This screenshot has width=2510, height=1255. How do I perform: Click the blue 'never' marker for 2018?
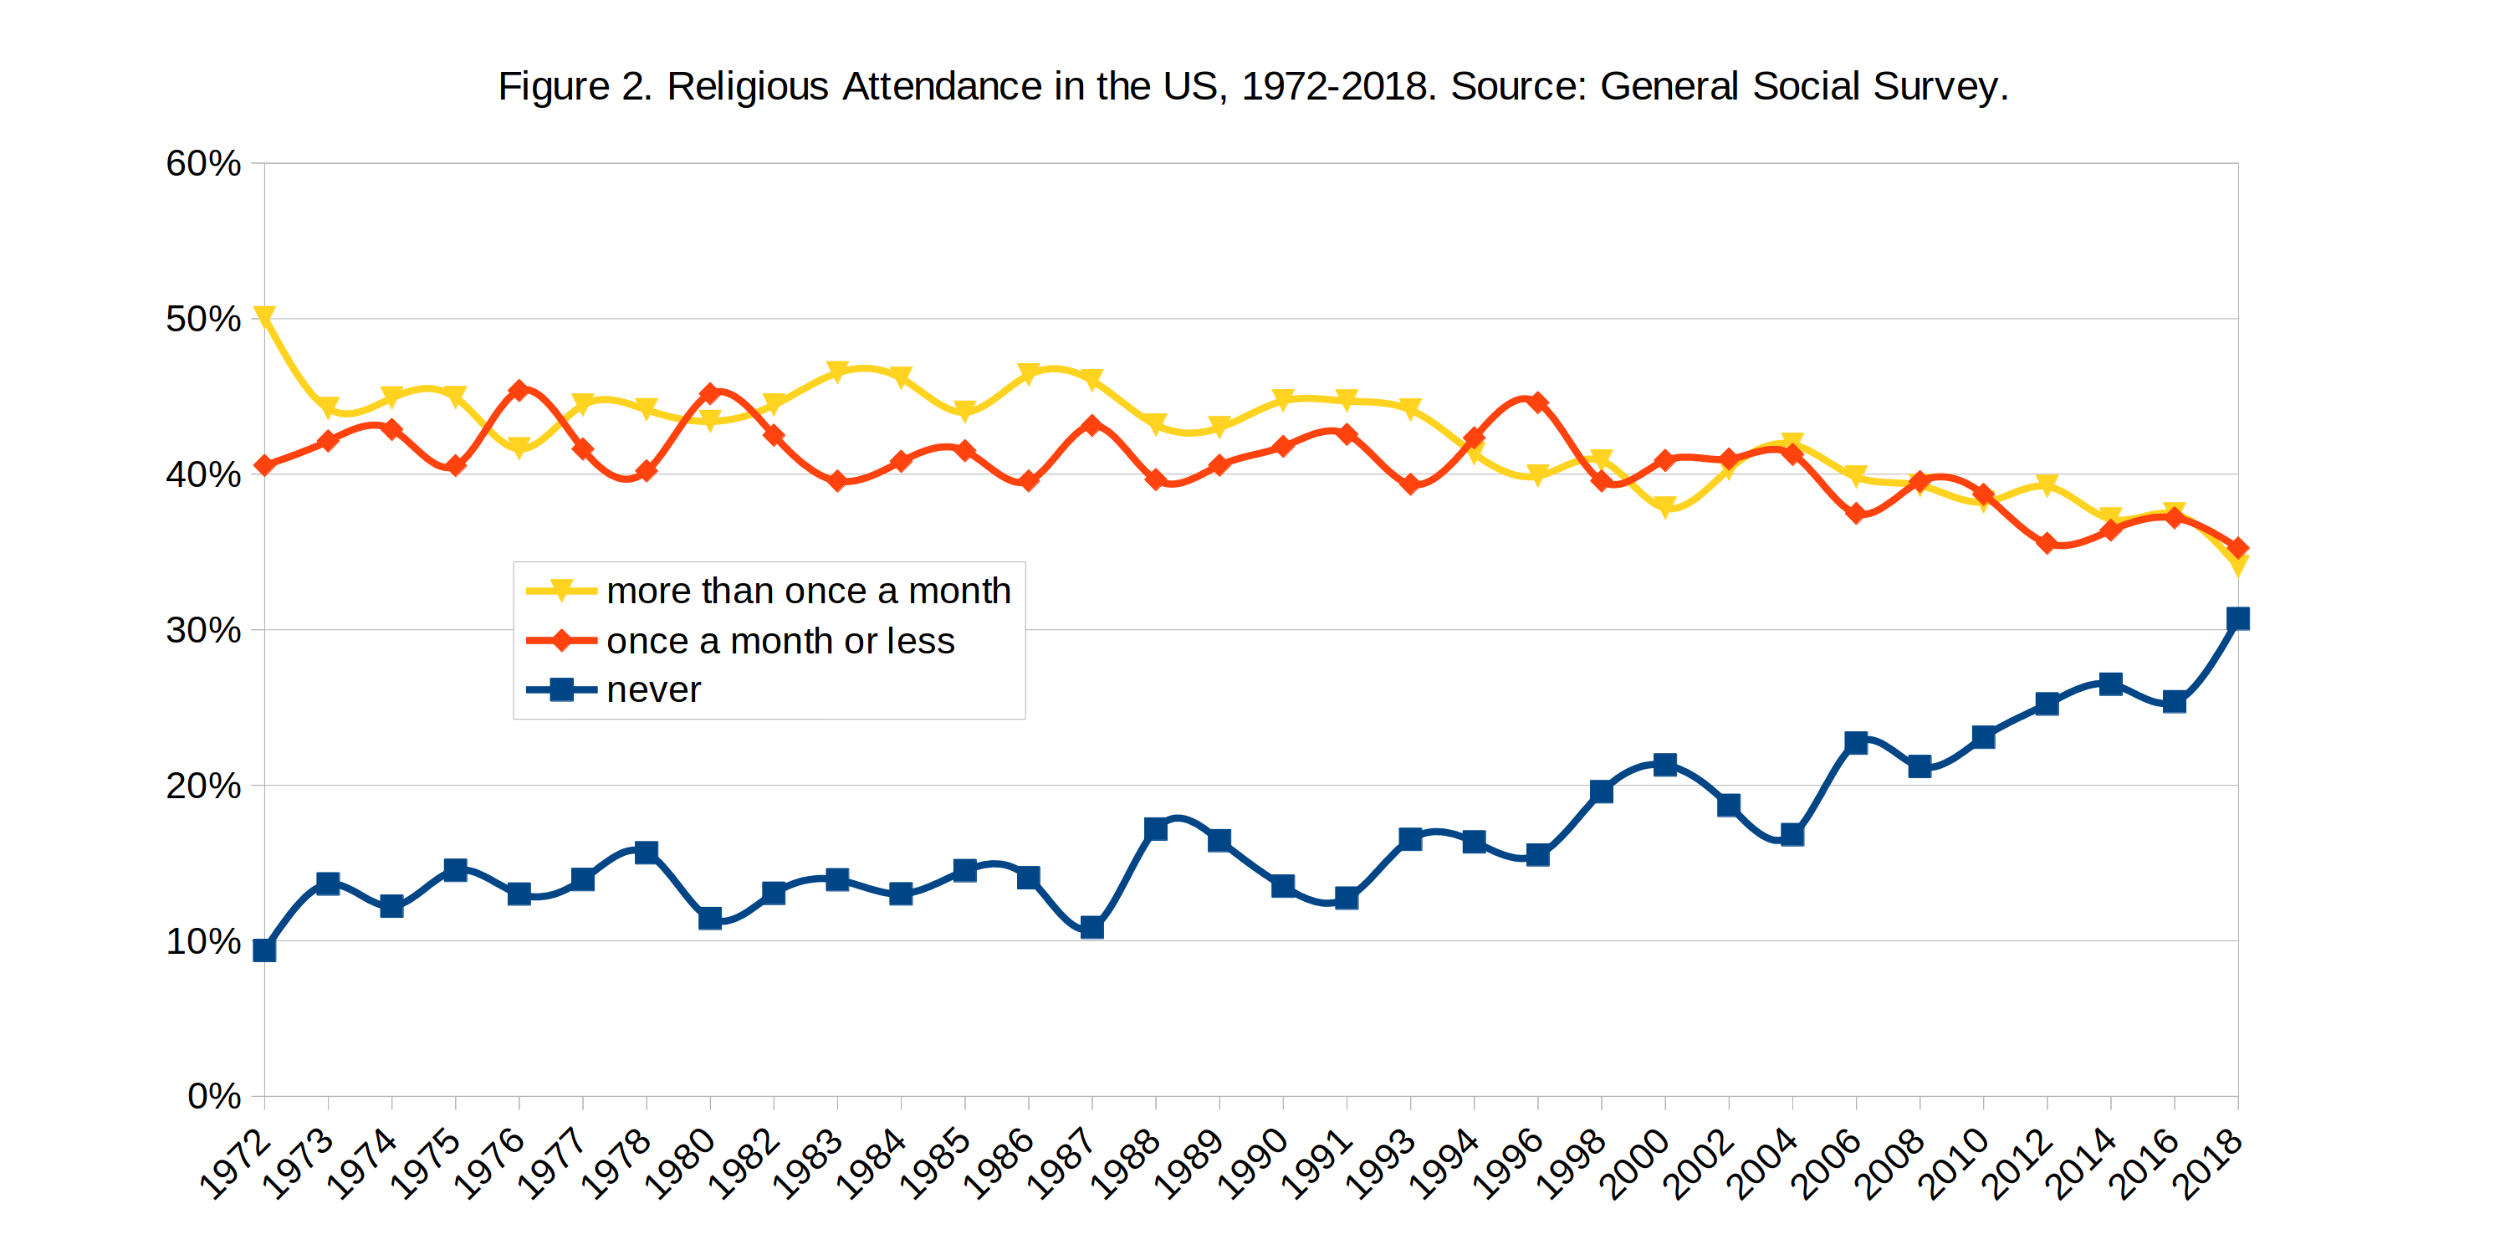(2237, 619)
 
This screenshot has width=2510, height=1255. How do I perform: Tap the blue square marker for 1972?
(264, 950)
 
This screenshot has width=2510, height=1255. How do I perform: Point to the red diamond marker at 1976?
(519, 391)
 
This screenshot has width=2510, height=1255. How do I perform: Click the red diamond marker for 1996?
(1537, 402)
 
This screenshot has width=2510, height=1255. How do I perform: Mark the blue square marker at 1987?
(1092, 927)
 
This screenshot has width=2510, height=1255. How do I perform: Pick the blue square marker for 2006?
(1856, 742)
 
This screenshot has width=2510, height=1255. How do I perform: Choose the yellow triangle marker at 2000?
(1665, 507)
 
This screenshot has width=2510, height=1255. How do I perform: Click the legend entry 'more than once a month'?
(808, 592)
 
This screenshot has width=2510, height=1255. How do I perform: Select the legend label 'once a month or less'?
(780, 641)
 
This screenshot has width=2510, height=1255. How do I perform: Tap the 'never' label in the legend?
(653, 690)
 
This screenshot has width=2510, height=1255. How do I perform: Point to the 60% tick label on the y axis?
(202, 164)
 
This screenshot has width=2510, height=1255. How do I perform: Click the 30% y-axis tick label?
(202, 630)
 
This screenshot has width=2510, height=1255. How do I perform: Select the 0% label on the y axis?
(213, 1096)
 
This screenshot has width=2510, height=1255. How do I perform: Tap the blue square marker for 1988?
(1156, 829)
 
